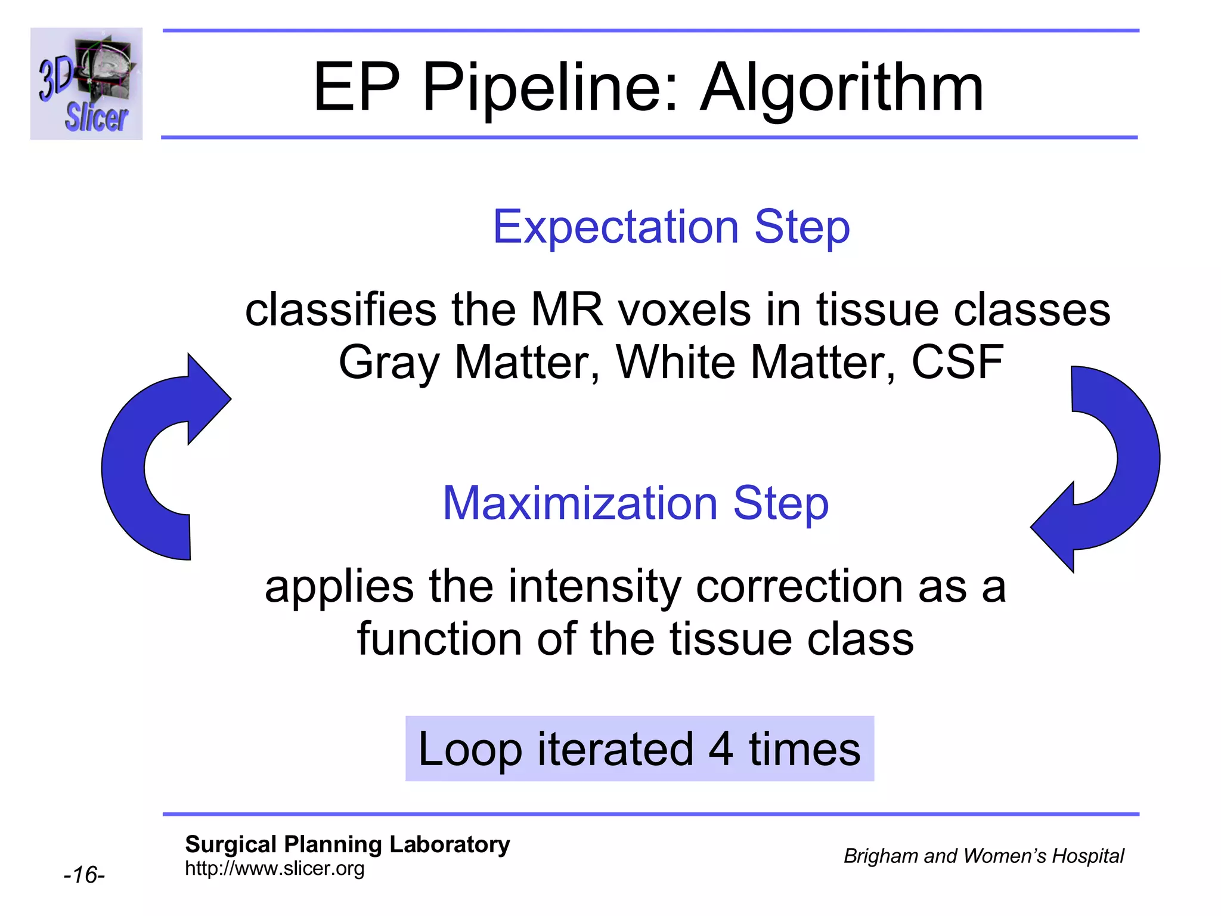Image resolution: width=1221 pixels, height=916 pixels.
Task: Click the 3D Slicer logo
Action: pyautogui.click(x=86, y=83)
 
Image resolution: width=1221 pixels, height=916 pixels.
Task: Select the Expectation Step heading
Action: pyautogui.click(x=671, y=227)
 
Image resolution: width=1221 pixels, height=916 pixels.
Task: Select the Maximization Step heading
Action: pyautogui.click(x=636, y=503)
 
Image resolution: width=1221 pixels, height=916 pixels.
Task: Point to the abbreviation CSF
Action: pyautogui.click(x=957, y=362)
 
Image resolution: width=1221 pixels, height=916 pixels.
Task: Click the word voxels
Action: pyautogui.click(x=683, y=310)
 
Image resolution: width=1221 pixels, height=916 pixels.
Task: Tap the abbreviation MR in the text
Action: pyautogui.click(x=566, y=310)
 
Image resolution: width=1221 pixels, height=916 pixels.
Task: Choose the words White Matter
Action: pyautogui.click(x=755, y=362)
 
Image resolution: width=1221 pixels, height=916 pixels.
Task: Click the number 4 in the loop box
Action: pyautogui.click(x=720, y=749)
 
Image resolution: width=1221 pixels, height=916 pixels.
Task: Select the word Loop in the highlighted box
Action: pyautogui.click(x=470, y=749)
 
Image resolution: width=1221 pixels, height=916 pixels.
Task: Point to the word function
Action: pyautogui.click(x=440, y=639)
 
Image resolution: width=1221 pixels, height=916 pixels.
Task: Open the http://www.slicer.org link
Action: pyautogui.click(x=274, y=868)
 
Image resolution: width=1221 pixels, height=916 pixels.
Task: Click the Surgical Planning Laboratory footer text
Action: pyautogui.click(x=347, y=844)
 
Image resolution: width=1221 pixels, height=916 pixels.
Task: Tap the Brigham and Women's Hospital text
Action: pyautogui.click(x=983, y=856)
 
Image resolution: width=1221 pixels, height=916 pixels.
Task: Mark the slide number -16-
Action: pyautogui.click(x=84, y=875)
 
